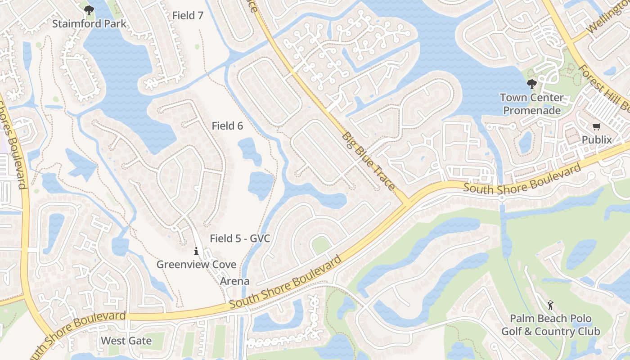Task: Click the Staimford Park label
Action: point(89,23)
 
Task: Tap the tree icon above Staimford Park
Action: point(89,10)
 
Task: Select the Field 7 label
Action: point(188,15)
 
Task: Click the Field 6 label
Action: point(227,126)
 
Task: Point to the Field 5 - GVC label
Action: point(240,238)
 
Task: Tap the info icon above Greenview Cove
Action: point(196,251)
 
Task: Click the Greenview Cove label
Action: point(196,264)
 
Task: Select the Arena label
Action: point(234,281)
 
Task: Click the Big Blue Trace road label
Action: point(368,161)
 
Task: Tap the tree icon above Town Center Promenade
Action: point(531,84)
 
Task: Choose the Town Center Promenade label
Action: point(531,104)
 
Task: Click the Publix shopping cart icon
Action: point(597,127)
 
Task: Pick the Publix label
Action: point(597,140)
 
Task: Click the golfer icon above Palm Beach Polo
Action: point(550,306)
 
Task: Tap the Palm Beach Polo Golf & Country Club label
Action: point(551,325)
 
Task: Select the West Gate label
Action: point(126,341)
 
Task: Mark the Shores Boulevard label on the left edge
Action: point(12,144)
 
